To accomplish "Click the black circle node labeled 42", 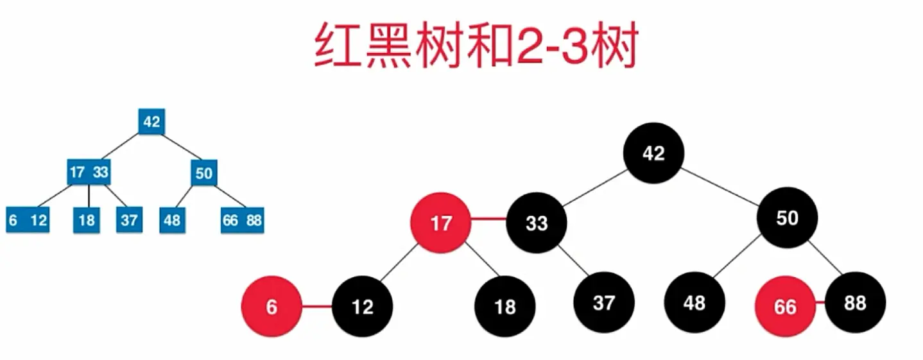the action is pos(653,153).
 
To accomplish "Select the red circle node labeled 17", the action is pos(441,223).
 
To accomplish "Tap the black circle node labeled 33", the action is pos(537,223).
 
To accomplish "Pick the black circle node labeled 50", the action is pos(787,219).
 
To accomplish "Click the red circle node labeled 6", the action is pos(272,307).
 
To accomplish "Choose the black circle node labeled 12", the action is pos(362,307).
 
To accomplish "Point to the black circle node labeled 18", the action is pos(505,307).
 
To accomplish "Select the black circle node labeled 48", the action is pos(694,302).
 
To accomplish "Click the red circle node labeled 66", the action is pos(785,307).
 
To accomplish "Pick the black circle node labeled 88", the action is pos(855,302).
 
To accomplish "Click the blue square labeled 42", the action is pos(151,121).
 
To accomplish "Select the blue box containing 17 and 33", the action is pos(89,172).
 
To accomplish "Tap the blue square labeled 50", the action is pos(203,172).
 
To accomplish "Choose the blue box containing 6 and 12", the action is pos(28,220).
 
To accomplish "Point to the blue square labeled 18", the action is pos(87,220).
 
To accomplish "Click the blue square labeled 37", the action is pos(129,220).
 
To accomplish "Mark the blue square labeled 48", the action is pos(171,220).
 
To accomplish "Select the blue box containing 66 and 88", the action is pos(242,220).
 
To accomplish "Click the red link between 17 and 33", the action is pos(489,220).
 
